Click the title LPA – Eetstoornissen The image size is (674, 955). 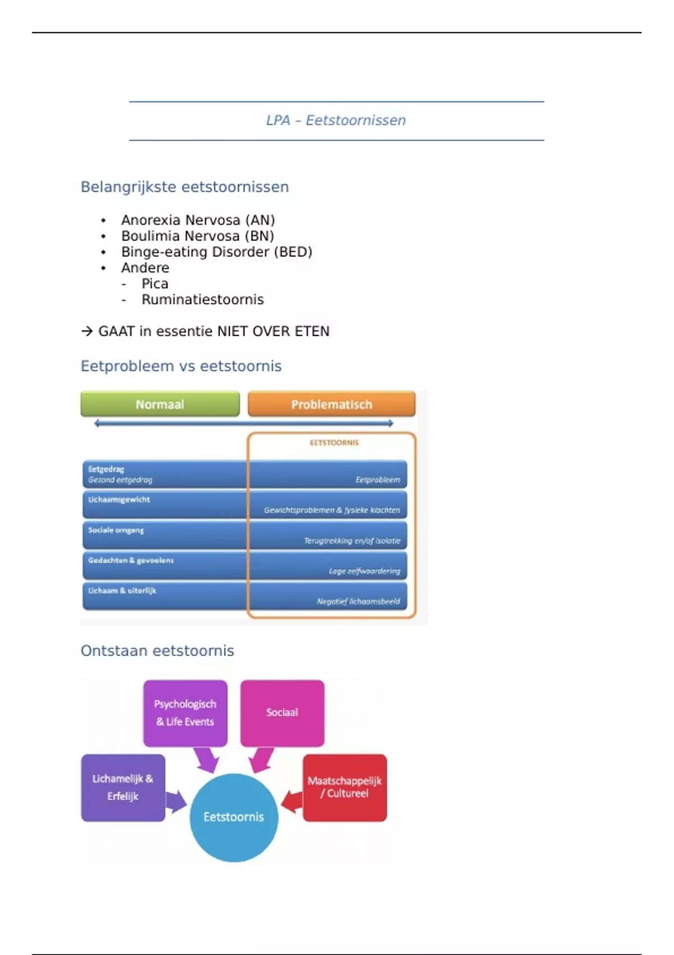coord(336,120)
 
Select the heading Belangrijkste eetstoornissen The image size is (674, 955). coord(184,187)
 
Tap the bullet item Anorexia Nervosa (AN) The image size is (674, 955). coord(198,220)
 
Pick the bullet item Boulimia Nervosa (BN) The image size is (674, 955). coord(197,236)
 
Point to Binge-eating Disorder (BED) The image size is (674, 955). coord(216,252)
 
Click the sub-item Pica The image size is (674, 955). coord(154,284)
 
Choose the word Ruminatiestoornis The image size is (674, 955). coord(202,299)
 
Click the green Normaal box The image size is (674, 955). coord(160,404)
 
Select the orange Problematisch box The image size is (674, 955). coord(331,404)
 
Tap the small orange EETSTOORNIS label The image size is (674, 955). coord(334,443)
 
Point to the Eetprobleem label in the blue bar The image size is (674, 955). coord(377,480)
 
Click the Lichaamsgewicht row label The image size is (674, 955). coord(119,499)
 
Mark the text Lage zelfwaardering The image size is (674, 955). coord(365,571)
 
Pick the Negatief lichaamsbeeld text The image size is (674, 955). coord(358,601)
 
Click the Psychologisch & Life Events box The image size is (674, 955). coord(185,713)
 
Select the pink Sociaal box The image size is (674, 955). coord(282,712)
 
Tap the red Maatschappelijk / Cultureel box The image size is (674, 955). coord(345,788)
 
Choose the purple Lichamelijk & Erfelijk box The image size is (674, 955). coord(123,788)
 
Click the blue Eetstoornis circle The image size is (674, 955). coord(234,817)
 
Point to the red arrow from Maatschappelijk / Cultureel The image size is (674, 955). coord(292,801)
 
